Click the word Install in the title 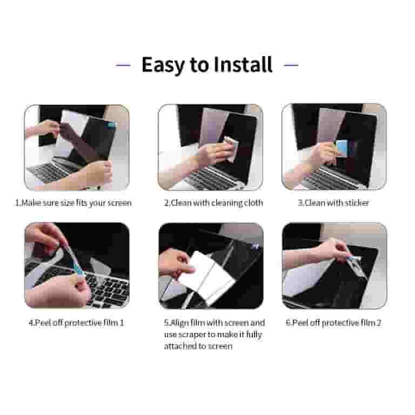click(243, 65)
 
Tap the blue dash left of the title click(123, 65)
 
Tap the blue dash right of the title click(291, 65)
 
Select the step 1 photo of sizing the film click(77, 147)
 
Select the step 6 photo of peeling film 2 click(334, 265)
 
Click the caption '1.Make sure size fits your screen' click(73, 203)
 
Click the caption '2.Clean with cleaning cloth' click(213, 203)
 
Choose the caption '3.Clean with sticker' click(333, 203)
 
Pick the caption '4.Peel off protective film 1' click(76, 323)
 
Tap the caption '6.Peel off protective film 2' click(333, 323)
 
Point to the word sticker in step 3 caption click(357, 203)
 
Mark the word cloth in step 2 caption click(253, 203)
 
